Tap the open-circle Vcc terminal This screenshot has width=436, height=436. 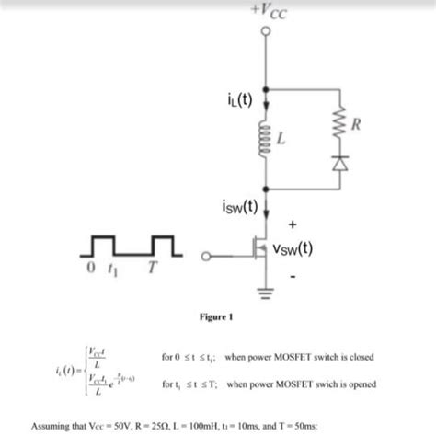[266, 33]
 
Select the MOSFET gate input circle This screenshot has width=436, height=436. [207, 256]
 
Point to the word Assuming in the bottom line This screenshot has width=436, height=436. [53, 428]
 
